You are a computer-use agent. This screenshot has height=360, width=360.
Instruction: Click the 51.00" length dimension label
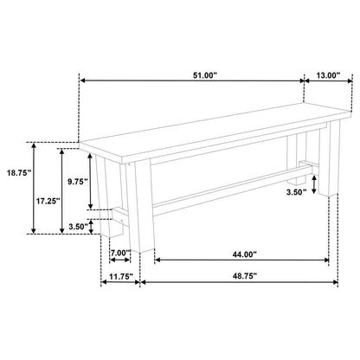click(204, 75)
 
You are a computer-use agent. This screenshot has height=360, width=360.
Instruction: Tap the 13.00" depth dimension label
click(328, 75)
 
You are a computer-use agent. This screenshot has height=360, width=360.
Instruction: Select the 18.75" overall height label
click(19, 173)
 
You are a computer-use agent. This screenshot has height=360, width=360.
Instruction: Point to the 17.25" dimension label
click(48, 201)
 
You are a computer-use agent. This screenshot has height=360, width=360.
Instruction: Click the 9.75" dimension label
click(77, 182)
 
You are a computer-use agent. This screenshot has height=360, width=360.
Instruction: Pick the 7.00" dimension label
click(121, 253)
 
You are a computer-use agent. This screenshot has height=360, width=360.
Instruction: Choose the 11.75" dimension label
click(121, 276)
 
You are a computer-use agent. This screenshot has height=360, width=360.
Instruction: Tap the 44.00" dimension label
click(245, 254)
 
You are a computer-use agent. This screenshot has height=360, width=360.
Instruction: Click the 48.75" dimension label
click(245, 276)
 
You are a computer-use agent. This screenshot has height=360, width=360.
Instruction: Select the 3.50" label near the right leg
click(296, 192)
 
